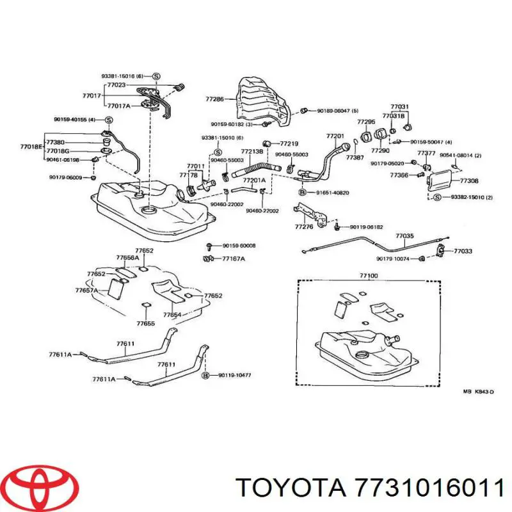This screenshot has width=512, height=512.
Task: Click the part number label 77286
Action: click(x=214, y=99)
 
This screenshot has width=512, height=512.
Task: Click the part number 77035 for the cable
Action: click(x=404, y=236)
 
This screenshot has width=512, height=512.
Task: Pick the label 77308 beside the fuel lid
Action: click(x=469, y=181)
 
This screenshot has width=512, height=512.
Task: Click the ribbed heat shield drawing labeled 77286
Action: click(x=262, y=102)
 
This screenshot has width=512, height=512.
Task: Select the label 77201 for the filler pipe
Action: click(x=335, y=136)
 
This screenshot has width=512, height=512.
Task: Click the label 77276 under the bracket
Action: click(x=304, y=227)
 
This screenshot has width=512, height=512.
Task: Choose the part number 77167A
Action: click(x=234, y=259)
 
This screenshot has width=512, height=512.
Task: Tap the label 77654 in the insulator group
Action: click(x=172, y=315)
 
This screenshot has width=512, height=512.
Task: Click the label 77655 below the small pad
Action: click(x=146, y=324)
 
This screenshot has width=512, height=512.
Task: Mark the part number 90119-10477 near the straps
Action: click(x=234, y=376)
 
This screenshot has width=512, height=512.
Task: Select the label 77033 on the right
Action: click(x=463, y=252)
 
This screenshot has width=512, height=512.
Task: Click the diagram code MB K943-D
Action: click(x=478, y=391)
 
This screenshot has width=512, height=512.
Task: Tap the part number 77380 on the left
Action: click(x=56, y=143)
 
